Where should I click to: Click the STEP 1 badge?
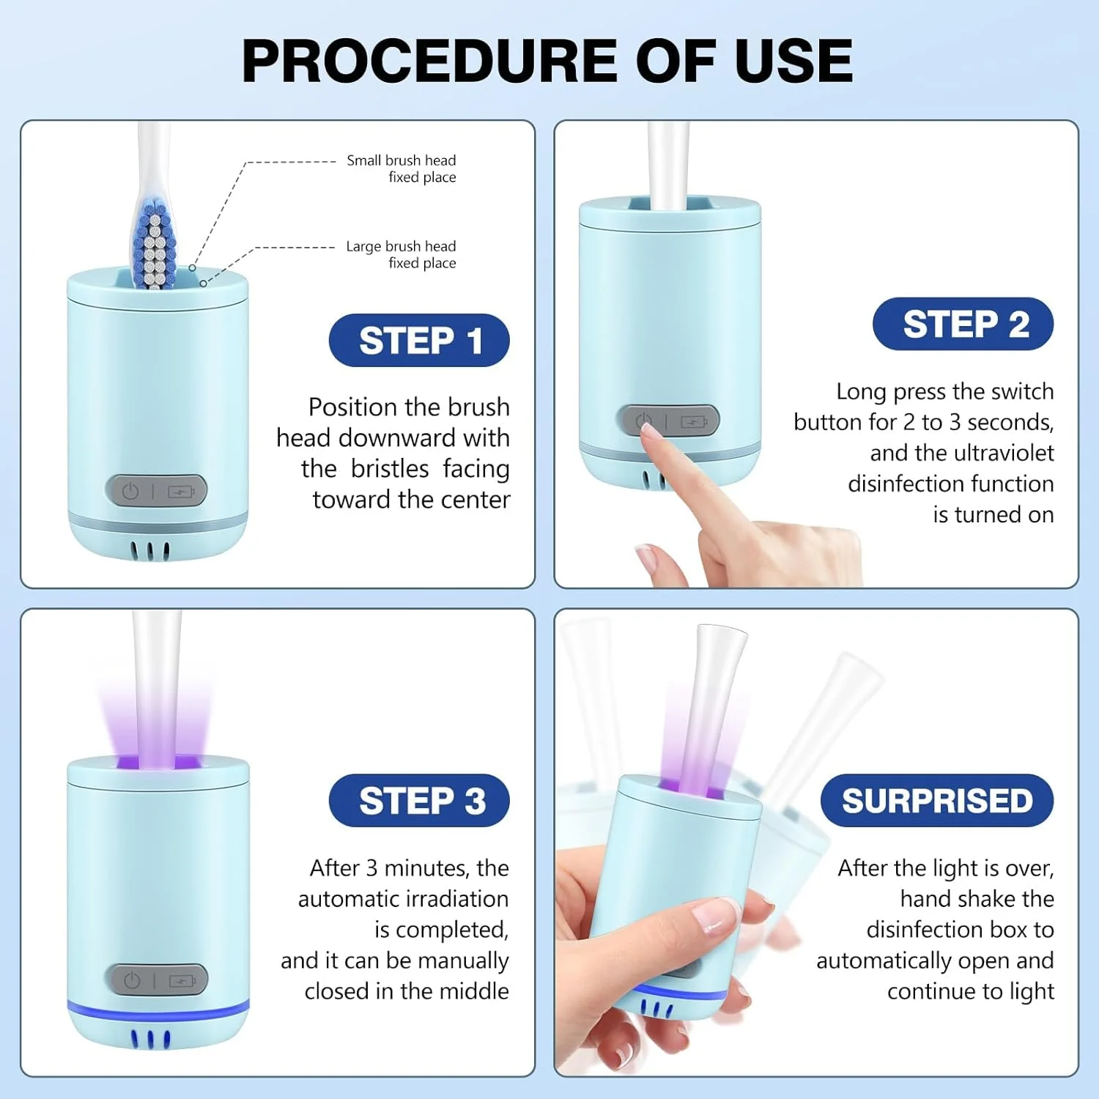[x=419, y=341]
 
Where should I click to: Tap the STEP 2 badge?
[x=963, y=324]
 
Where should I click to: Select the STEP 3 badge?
[x=419, y=800]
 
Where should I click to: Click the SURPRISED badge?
[x=937, y=800]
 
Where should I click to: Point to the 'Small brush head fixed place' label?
[x=402, y=169]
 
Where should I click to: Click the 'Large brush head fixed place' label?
[x=402, y=254]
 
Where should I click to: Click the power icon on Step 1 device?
[x=130, y=491]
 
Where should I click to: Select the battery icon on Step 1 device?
[x=181, y=491]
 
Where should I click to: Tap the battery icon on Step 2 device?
[x=694, y=422]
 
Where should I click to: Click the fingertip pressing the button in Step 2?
[x=648, y=434]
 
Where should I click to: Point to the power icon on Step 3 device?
[x=132, y=980]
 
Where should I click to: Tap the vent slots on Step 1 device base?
[x=150, y=551]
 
